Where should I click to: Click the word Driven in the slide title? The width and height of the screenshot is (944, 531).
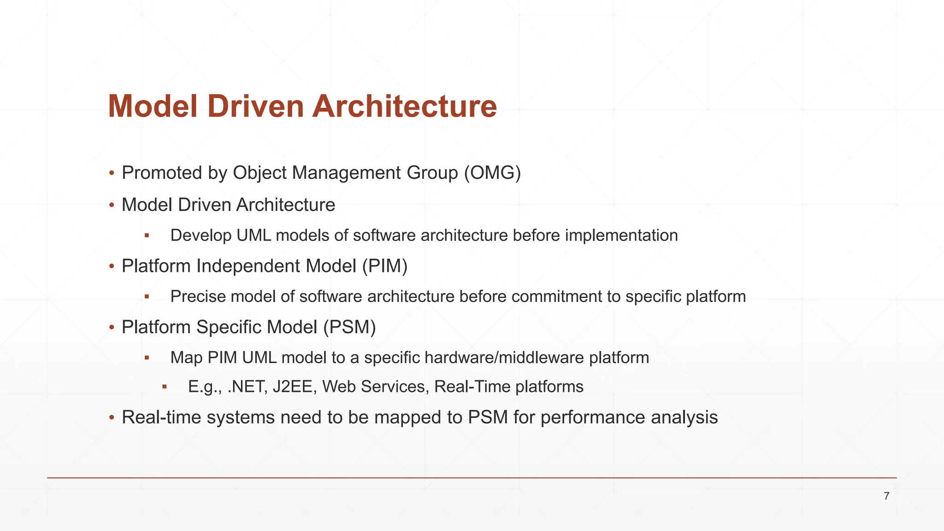(x=256, y=106)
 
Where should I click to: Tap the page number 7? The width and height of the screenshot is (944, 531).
(x=886, y=496)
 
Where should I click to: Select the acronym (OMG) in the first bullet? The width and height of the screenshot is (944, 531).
(x=492, y=173)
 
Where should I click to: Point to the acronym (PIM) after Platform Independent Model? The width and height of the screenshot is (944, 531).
(x=384, y=266)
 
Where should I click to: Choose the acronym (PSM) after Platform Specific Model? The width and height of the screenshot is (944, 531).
(x=349, y=327)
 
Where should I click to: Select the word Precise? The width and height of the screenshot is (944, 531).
(x=198, y=296)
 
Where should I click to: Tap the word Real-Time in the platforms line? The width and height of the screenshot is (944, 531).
(x=472, y=386)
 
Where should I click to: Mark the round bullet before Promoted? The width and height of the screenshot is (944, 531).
(x=111, y=174)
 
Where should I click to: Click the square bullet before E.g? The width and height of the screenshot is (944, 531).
(x=164, y=387)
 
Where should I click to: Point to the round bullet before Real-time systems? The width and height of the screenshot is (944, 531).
(x=111, y=418)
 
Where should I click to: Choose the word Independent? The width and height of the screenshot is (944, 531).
(x=248, y=266)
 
